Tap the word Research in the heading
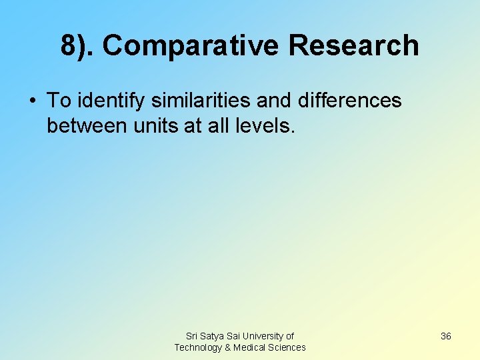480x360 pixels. click(354, 46)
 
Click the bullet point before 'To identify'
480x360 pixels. click(31, 101)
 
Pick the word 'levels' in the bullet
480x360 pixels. click(265, 125)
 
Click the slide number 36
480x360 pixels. click(446, 336)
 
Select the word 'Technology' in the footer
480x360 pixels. click(199, 347)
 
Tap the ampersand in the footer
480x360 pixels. click(228, 347)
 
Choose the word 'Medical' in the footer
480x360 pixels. click(249, 347)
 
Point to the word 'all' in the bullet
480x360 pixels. click(216, 125)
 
